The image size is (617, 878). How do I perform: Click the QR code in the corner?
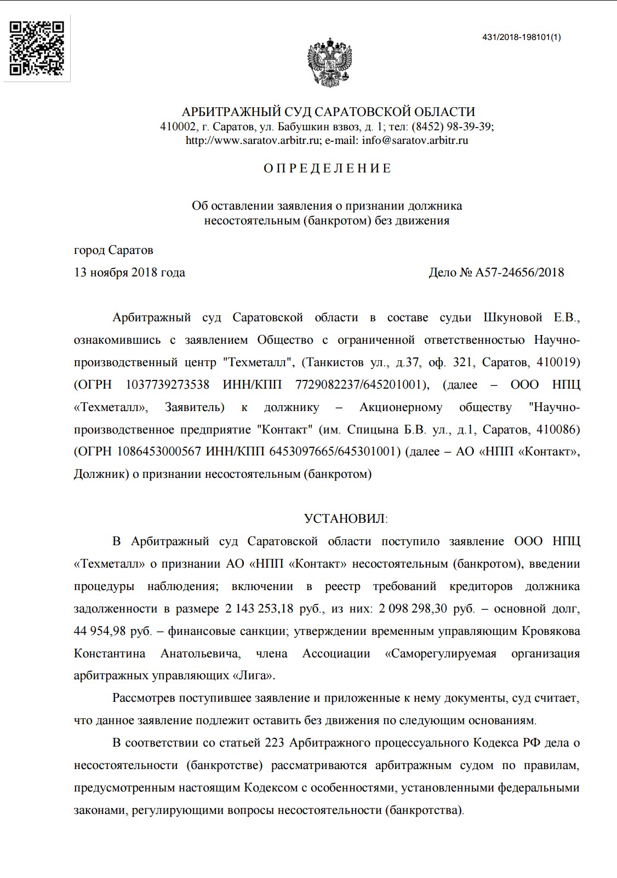(37, 48)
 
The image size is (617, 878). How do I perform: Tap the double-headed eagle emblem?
(329, 62)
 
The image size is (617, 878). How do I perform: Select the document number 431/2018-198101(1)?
(521, 37)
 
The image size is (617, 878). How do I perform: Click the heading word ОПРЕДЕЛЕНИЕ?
(328, 168)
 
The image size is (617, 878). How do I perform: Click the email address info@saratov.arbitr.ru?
(415, 140)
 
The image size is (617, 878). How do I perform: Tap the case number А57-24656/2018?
(519, 273)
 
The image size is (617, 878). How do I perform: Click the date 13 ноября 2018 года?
(129, 273)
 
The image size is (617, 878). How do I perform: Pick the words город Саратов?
(113, 250)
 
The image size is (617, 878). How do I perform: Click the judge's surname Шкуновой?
(513, 317)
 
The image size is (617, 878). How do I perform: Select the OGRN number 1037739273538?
(167, 385)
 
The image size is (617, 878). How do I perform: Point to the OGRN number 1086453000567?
(159, 452)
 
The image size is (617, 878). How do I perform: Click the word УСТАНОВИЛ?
(345, 519)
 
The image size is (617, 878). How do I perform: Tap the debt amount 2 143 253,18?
(259, 609)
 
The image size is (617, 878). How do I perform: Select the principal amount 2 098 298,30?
(413, 609)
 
